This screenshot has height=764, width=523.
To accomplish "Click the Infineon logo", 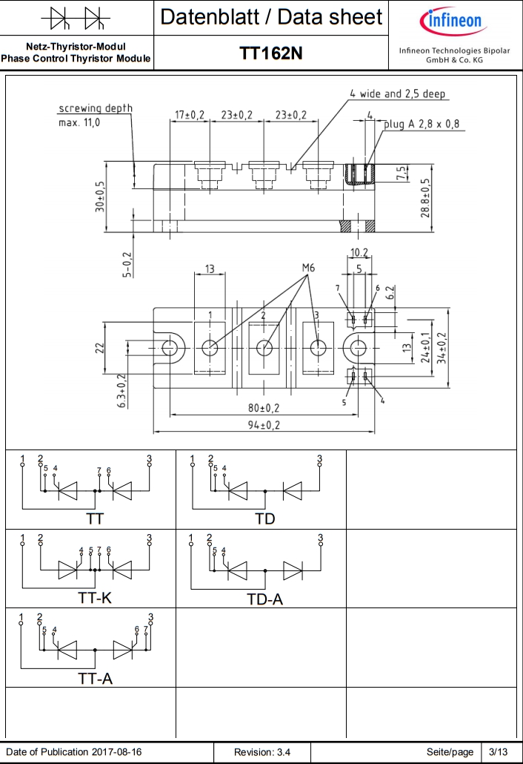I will pos(453,20).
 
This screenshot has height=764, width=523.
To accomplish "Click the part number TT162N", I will pos(270,53).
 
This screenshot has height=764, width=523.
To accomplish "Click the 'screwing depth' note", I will pos(96,108).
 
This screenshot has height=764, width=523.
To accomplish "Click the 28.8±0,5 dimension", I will pos(424,197).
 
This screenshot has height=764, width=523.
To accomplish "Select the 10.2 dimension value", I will pos(359,252).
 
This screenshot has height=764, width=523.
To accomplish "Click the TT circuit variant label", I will pos(95,518).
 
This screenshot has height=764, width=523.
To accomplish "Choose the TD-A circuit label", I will pos(264,599).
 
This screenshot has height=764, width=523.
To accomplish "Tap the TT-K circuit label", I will pos(95,598).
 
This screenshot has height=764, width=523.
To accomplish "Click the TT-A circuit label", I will pos(95,678).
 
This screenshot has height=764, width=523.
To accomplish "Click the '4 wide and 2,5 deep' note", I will pos(398,94).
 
